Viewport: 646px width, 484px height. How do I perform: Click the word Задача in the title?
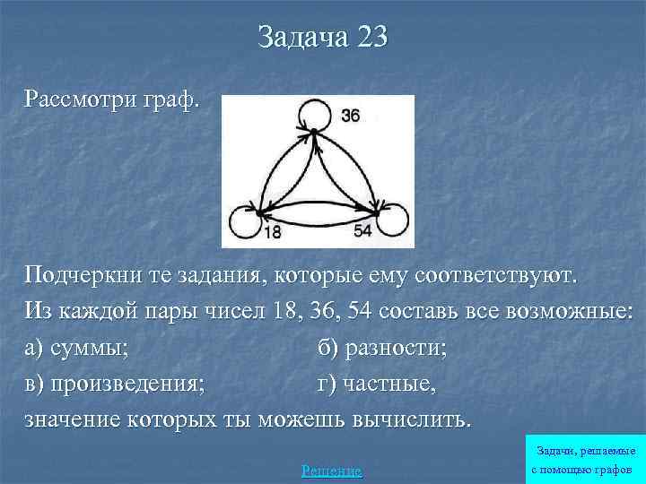coord(298,38)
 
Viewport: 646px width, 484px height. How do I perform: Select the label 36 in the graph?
coord(351,116)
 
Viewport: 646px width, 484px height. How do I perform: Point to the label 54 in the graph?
coord(362,232)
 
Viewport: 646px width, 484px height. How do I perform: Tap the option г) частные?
coord(377,385)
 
